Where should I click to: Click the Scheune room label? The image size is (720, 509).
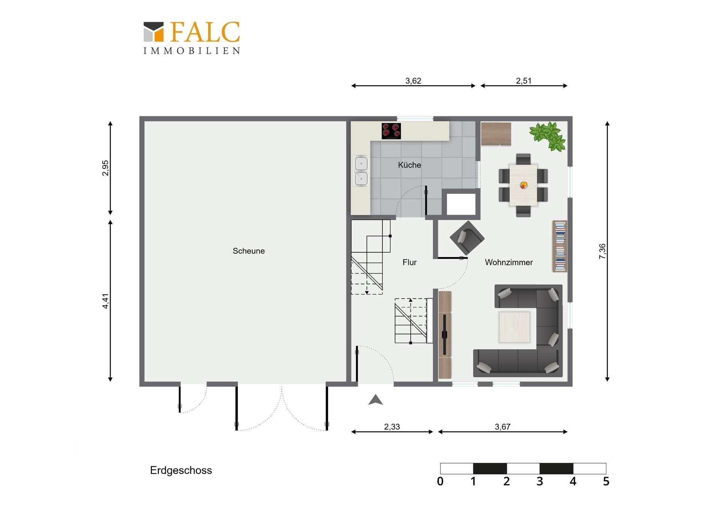click(x=249, y=251)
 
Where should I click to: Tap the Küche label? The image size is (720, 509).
click(x=409, y=165)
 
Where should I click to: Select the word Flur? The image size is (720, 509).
click(x=409, y=263)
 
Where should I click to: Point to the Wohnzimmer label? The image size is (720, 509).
click(x=509, y=263)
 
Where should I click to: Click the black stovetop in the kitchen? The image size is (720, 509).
click(x=391, y=131)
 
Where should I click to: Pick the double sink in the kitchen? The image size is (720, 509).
click(x=361, y=171)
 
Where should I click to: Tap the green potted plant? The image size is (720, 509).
click(x=548, y=136)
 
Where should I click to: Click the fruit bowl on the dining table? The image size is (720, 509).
click(x=524, y=185)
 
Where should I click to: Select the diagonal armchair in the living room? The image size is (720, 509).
click(x=467, y=238)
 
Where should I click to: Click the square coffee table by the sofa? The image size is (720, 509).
click(x=514, y=327)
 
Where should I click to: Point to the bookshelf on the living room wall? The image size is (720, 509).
click(x=560, y=246)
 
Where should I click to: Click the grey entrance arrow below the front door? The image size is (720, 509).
click(x=375, y=400)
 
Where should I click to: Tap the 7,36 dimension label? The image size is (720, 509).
click(x=602, y=251)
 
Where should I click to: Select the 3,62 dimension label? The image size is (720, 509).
click(x=413, y=81)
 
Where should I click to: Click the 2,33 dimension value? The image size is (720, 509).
click(x=392, y=427)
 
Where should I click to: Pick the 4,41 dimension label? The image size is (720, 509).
click(x=105, y=301)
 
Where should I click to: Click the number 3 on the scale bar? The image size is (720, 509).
click(x=540, y=481)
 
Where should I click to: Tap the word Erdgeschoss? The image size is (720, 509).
click(x=181, y=470)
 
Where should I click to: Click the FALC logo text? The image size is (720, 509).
click(x=205, y=32)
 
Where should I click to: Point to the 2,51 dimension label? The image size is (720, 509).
click(x=523, y=81)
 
